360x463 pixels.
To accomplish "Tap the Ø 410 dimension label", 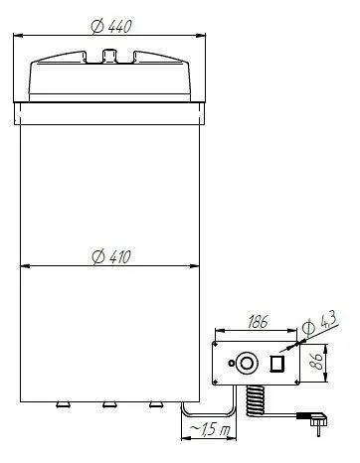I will pos(111,256).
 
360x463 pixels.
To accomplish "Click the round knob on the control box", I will pos(248,362).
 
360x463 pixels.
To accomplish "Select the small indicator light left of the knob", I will pos(232,364).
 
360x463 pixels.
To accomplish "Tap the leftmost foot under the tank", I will pos(62,405).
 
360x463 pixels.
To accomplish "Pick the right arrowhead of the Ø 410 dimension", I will pos(197,266).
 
